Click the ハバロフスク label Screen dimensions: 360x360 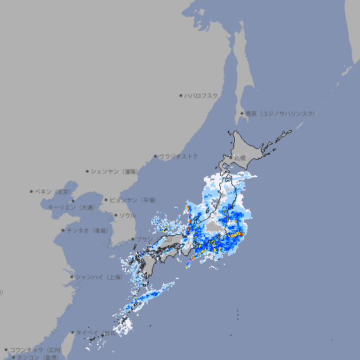201,95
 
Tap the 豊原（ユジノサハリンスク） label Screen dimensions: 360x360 281,113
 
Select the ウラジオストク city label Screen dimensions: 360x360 179,156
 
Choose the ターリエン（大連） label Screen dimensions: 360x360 71,207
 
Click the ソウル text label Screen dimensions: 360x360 127,215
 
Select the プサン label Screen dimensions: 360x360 143,240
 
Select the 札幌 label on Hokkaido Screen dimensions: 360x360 240,158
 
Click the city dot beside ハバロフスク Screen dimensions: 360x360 181,95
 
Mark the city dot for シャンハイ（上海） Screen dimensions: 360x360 72,276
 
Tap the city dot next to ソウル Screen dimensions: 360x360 115,215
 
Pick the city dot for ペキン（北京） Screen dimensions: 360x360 32,191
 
